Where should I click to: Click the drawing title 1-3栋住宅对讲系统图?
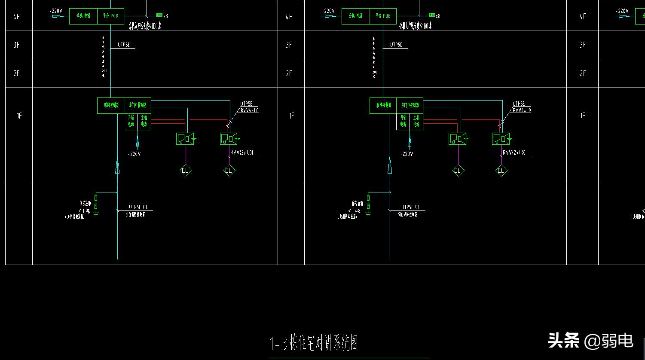pyautogui.click(x=314, y=343)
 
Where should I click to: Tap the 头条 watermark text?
pyautogui.click(x=563, y=341)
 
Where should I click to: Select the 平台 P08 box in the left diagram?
pyautogui.click(x=110, y=16)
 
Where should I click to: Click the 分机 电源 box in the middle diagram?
pyautogui.click(x=355, y=16)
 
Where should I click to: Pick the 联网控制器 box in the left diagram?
pyautogui.click(x=111, y=105)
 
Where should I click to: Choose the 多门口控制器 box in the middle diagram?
pyautogui.click(x=410, y=105)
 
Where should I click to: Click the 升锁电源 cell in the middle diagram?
pyautogui.click(x=404, y=121)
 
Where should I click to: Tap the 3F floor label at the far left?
pyautogui.click(x=16, y=45)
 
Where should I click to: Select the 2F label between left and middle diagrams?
pyautogui.click(x=289, y=73)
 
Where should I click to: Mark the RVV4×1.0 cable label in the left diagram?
pyautogui.click(x=249, y=110)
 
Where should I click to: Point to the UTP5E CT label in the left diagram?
pyautogui.click(x=138, y=207)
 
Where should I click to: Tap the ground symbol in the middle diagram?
pyautogui.click(x=368, y=214)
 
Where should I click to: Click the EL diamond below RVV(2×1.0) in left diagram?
pyautogui.click(x=228, y=171)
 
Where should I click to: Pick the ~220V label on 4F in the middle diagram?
pyautogui.click(x=328, y=11)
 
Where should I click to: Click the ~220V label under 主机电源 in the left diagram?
pyautogui.click(x=135, y=154)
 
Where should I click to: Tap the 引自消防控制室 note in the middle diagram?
pyautogui.click(x=407, y=214)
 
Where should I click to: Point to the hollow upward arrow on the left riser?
pyautogui.click(x=117, y=165)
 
